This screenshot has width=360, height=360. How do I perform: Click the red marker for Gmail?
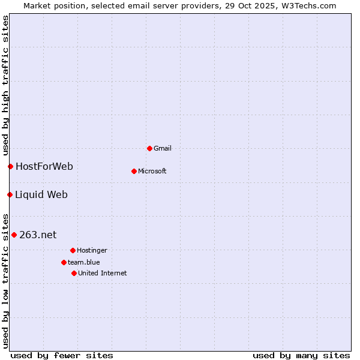pyautogui.click(x=149, y=148)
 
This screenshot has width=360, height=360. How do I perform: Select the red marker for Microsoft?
pyautogui.click(x=134, y=171)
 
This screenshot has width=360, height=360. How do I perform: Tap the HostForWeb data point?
pyautogui.click(x=10, y=166)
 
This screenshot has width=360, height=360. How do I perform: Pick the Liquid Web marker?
pyautogui.click(x=10, y=194)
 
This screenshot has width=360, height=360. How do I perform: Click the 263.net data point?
pyautogui.click(x=14, y=235)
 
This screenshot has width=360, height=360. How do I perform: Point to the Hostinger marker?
pyautogui.click(x=73, y=250)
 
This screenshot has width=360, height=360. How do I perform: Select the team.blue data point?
pyautogui.click(x=64, y=262)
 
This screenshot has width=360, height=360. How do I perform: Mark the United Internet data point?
pyautogui.click(x=74, y=273)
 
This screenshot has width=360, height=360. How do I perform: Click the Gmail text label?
pyautogui.click(x=163, y=148)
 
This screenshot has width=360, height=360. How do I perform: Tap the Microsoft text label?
pyautogui.click(x=152, y=171)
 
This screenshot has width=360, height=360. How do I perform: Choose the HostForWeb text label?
pyautogui.click(x=44, y=166)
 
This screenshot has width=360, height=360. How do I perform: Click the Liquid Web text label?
pyautogui.click(x=41, y=194)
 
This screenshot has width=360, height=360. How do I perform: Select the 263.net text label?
pyautogui.click(x=38, y=235)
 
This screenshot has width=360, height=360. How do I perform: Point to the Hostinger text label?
pyautogui.click(x=92, y=250)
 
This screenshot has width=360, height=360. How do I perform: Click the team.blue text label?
pyautogui.click(x=84, y=262)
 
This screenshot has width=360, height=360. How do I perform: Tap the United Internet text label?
pyautogui.click(x=103, y=273)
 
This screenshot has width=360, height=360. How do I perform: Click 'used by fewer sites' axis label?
pyautogui.click(x=62, y=355)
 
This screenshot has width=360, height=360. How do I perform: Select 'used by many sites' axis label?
pyautogui.click(x=301, y=355)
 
